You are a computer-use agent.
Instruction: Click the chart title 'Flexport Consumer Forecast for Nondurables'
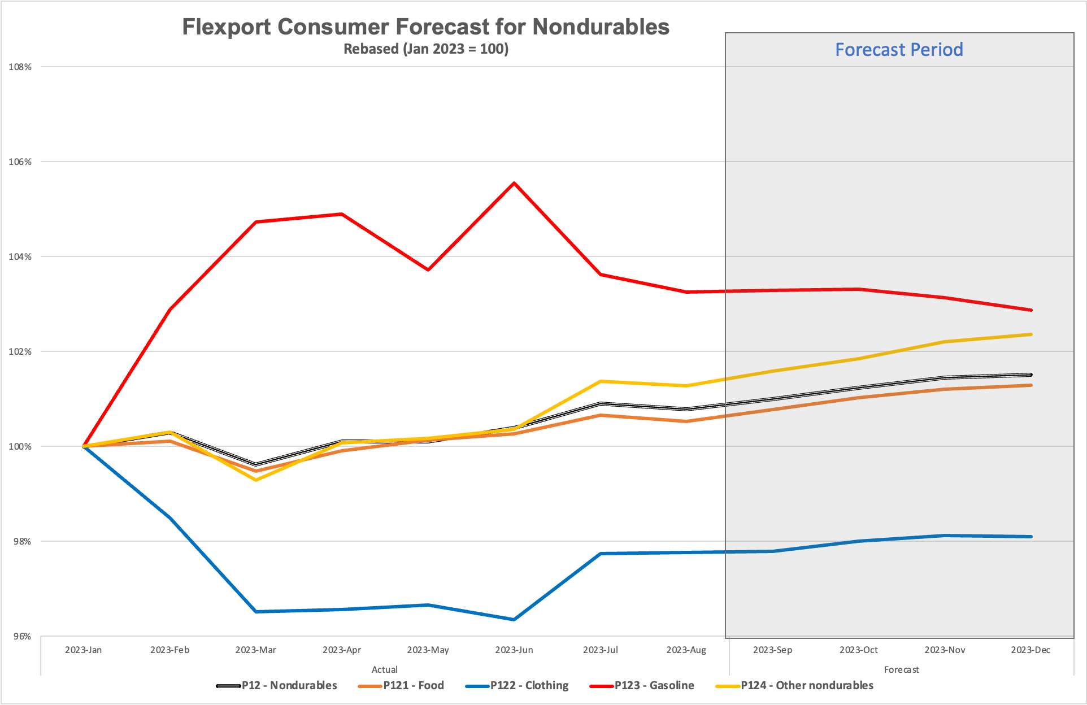pyautogui.click(x=425, y=27)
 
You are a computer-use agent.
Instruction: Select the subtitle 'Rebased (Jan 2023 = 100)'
pyautogui.click(x=425, y=49)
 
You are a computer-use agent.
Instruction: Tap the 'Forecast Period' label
pyautogui.click(x=899, y=50)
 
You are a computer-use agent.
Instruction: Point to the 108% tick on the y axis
pyautogui.click(x=20, y=67)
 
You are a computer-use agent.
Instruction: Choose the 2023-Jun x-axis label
pyautogui.click(x=514, y=650)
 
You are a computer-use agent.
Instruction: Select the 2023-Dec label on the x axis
pyautogui.click(x=1031, y=650)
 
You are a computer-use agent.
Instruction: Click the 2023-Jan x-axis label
pyautogui.click(x=84, y=650)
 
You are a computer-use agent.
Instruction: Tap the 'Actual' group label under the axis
pyautogui.click(x=385, y=669)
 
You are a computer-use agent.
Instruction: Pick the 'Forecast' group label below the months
pyautogui.click(x=901, y=669)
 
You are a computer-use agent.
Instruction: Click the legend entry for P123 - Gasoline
pyautogui.click(x=654, y=685)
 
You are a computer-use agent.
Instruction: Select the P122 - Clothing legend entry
pyautogui.click(x=529, y=685)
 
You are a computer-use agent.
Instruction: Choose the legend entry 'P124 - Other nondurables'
pyautogui.click(x=807, y=685)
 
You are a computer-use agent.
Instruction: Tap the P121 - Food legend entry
pyautogui.click(x=413, y=685)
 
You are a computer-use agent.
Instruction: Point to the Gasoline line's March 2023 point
pyautogui.click(x=256, y=222)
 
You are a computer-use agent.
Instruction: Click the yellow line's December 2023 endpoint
pyautogui.click(x=1031, y=334)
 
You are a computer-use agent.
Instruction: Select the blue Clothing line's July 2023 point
pyautogui.click(x=601, y=554)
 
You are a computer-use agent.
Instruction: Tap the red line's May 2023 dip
pyautogui.click(x=428, y=270)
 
